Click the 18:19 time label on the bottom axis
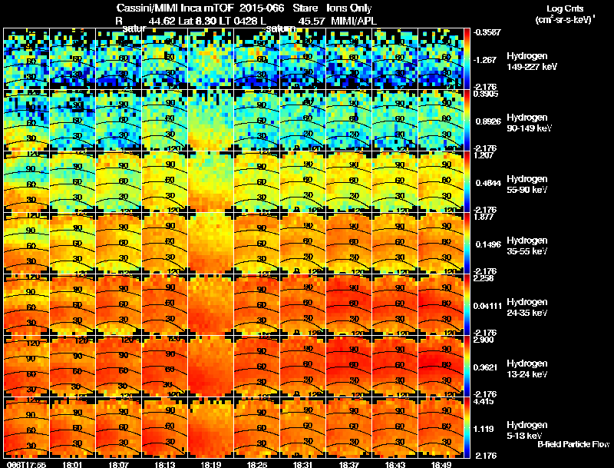click(211, 464)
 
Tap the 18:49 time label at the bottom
click(441, 464)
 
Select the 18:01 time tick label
click(73, 464)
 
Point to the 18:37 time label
click(349, 464)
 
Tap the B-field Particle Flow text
click(573, 444)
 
